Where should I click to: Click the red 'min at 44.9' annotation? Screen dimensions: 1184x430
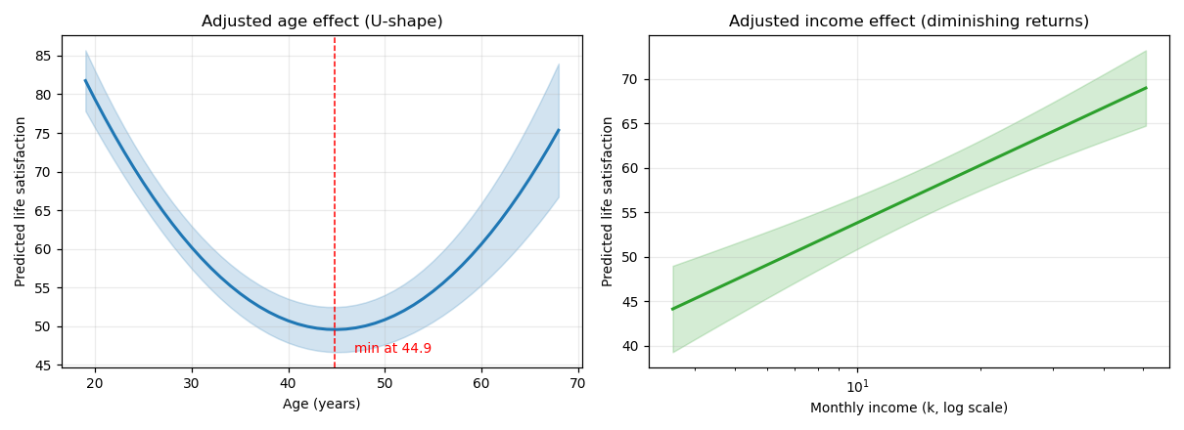392,348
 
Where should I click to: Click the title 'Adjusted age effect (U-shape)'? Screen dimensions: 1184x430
322,21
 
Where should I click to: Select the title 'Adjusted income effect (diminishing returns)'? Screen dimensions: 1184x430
909,21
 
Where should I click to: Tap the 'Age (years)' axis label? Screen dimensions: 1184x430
321,405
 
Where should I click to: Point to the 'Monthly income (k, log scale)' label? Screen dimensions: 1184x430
909,408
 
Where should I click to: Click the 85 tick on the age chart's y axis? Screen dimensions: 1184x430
43,56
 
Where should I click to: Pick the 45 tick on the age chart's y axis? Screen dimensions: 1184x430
43,365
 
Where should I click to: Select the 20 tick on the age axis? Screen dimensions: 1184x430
95,383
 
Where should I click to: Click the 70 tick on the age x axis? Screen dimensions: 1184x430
577,383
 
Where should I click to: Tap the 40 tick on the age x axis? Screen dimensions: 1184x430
288,383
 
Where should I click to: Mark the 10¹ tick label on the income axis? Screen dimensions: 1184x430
857,387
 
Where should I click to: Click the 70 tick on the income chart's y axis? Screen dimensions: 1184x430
629,80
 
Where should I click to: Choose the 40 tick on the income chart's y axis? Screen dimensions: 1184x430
629,347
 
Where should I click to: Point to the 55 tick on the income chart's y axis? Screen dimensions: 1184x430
629,213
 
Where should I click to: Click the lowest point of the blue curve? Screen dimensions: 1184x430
335,329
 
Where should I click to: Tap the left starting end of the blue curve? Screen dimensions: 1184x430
85,80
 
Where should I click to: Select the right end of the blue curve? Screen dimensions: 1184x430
559,130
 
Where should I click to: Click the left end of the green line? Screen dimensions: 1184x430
672,309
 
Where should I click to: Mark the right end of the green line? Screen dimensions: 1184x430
1146,88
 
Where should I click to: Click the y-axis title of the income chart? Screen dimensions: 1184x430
607,202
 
